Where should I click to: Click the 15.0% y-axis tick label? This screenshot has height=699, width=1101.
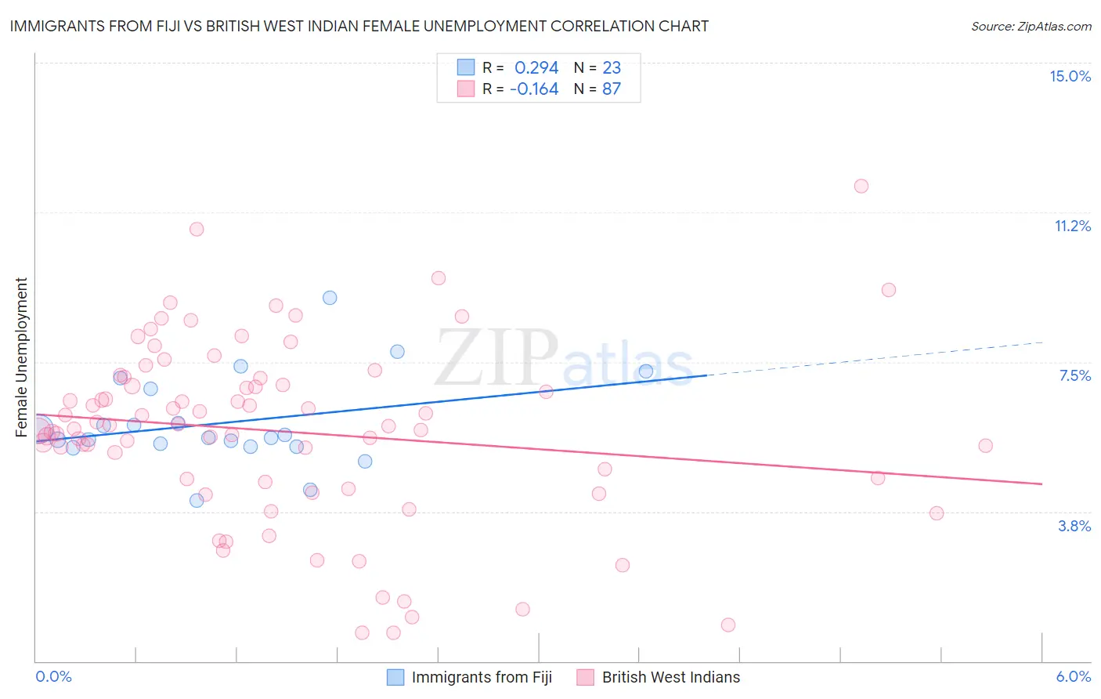point(1070,76)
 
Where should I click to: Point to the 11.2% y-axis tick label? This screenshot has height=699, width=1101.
point(1072,226)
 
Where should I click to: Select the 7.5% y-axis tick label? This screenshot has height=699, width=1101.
point(1074,375)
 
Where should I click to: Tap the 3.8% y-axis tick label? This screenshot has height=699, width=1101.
point(1074,526)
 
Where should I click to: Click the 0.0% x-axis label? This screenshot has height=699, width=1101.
point(53,676)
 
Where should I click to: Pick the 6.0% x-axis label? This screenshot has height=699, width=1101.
point(1073,676)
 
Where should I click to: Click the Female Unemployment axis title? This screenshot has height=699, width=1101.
point(21,357)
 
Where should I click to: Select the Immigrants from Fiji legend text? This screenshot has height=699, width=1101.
point(482,677)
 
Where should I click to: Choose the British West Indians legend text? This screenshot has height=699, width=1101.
point(670,677)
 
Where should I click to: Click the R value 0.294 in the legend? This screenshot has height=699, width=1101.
point(536,67)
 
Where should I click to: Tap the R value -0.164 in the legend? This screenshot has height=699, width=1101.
point(534,89)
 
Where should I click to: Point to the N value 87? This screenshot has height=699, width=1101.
point(611,89)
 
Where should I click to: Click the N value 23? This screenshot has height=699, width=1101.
point(611,67)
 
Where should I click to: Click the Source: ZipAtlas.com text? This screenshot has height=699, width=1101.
point(1031,26)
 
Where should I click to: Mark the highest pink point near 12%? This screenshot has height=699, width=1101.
point(861,186)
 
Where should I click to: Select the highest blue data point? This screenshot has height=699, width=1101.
point(330,298)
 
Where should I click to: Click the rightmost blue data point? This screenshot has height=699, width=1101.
point(645,371)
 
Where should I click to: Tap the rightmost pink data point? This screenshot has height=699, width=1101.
point(985,446)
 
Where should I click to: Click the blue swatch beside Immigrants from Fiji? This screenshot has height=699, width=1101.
point(395,677)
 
